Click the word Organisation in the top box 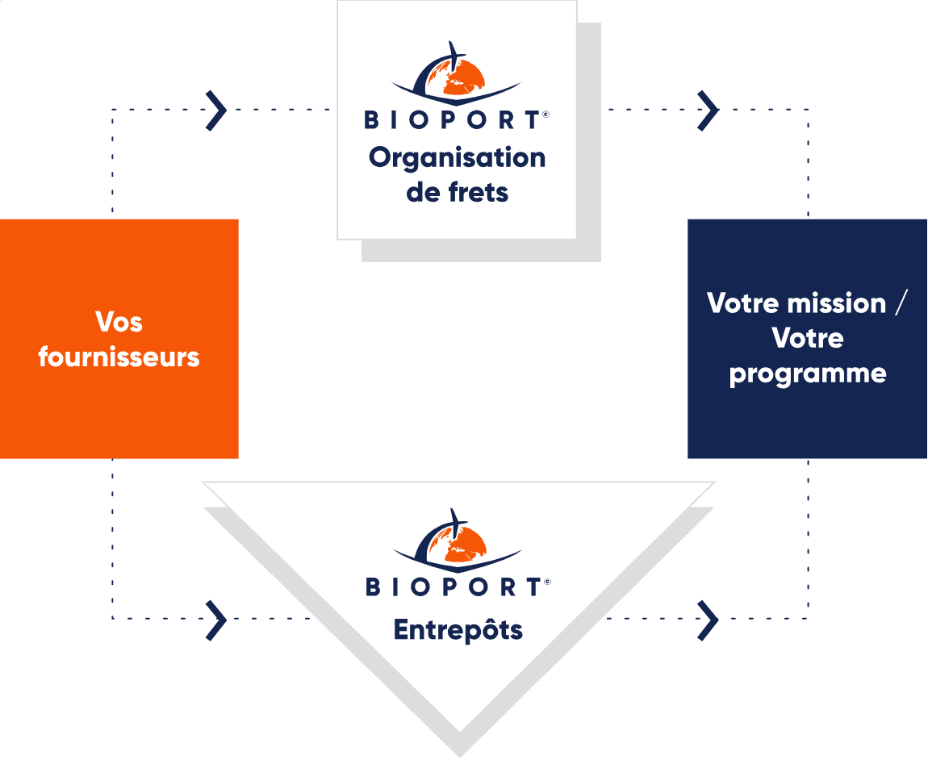click(x=457, y=158)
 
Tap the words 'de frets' click(x=457, y=193)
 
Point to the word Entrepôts click(x=458, y=629)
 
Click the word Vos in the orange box click(x=119, y=322)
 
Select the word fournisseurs click(x=119, y=357)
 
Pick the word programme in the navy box click(x=807, y=374)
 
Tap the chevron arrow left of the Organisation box click(x=215, y=110)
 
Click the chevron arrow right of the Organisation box click(x=708, y=110)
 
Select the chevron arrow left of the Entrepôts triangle click(x=215, y=619)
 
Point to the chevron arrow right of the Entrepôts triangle click(x=708, y=619)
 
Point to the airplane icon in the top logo click(x=454, y=55)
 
